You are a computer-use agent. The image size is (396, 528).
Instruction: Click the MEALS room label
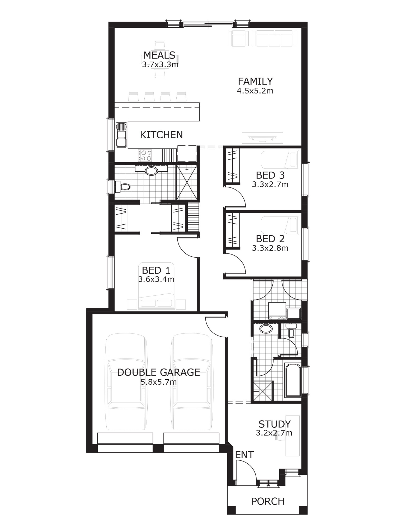(159, 55)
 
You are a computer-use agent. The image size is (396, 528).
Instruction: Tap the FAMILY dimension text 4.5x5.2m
(255, 91)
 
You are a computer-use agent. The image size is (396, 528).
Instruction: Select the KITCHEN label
(161, 135)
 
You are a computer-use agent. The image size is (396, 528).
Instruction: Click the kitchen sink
(121, 135)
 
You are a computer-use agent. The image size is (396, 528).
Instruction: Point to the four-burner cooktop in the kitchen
(145, 155)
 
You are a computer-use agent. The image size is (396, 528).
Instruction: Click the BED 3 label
(270, 175)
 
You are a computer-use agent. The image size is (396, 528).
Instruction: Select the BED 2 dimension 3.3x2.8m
(270, 248)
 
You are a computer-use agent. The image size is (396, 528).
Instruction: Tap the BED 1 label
(156, 270)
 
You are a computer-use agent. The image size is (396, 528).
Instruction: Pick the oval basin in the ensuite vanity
(151, 171)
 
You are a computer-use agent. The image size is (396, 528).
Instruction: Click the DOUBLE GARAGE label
(158, 373)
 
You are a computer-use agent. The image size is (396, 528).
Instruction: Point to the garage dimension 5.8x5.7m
(158, 382)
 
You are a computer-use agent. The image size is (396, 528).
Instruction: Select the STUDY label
(274, 424)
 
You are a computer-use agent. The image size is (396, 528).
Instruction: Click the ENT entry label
(244, 455)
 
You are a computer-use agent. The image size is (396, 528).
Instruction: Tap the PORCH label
(268, 501)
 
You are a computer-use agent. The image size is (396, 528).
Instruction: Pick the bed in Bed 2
(280, 225)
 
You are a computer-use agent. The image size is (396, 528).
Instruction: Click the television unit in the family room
(262, 138)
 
